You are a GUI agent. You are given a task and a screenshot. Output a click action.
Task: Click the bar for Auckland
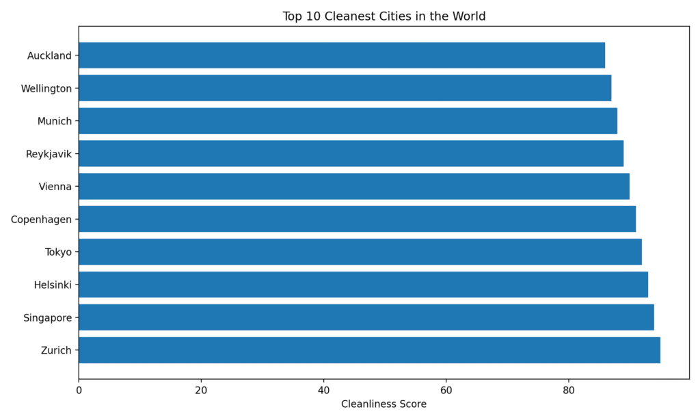(342, 55)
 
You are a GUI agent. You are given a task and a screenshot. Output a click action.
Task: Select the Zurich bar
(369, 350)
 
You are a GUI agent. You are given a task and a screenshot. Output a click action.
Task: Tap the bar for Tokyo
(360, 252)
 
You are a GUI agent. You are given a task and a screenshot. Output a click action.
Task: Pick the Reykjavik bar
(351, 153)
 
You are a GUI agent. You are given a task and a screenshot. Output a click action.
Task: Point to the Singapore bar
(366, 317)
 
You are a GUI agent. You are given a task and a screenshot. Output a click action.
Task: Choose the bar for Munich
(348, 121)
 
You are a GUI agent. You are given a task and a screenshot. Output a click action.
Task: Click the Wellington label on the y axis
(46, 88)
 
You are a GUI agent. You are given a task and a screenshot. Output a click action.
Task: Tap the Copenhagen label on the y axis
(41, 219)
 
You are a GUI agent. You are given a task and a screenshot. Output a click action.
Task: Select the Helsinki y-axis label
(53, 285)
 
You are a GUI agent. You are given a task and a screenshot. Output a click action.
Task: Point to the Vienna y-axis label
(55, 186)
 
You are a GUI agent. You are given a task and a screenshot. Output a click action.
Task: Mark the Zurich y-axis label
(57, 350)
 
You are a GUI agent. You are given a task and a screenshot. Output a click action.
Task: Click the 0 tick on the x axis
(79, 391)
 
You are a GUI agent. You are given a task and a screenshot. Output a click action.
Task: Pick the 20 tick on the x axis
(201, 391)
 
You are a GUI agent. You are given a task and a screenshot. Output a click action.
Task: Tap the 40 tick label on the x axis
(323, 391)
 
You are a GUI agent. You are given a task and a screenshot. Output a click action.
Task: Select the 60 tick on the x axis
(446, 391)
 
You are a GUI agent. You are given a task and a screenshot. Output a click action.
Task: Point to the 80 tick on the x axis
(568, 391)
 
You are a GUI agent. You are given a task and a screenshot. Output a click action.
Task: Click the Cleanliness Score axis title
(383, 404)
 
